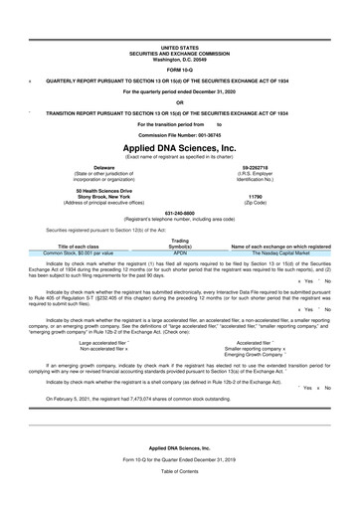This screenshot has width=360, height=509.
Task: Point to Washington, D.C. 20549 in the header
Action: (179, 57)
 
